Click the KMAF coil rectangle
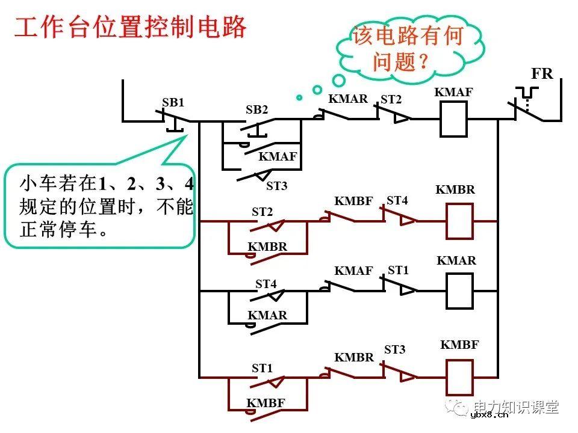[x=454, y=119]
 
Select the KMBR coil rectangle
[x=459, y=221]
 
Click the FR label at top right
[x=541, y=74]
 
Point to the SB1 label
[x=173, y=103]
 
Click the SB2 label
[x=256, y=110]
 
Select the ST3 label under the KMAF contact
[x=276, y=186]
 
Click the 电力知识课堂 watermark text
[x=516, y=407]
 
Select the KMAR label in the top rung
[x=348, y=99]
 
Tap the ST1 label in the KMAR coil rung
[x=398, y=271]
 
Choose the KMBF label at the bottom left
[x=266, y=403]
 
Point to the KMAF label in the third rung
[x=354, y=271]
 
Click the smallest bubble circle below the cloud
[x=299, y=97]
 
